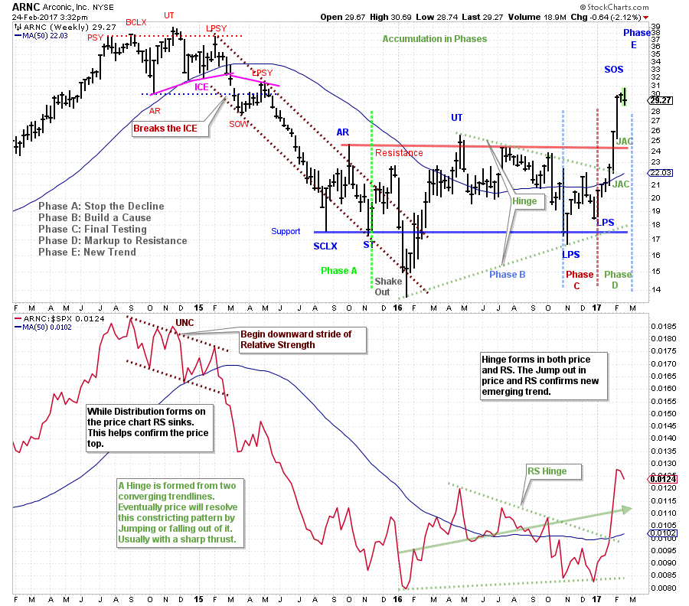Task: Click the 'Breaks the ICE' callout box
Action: [170, 128]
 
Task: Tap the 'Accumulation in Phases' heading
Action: [434, 39]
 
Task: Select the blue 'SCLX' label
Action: [325, 246]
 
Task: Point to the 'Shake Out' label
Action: [388, 286]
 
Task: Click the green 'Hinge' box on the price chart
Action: [525, 202]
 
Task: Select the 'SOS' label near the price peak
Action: [613, 70]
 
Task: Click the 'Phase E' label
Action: [636, 38]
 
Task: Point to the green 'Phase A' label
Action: [339, 270]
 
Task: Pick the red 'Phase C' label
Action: [580, 280]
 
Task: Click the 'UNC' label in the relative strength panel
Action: [184, 323]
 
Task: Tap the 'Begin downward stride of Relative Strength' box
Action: [279, 339]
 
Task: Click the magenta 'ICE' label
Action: [201, 87]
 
